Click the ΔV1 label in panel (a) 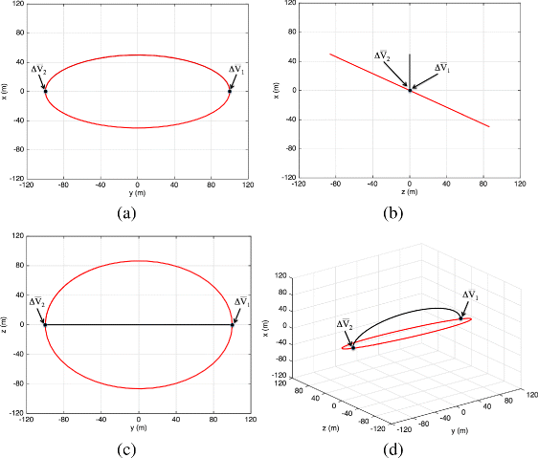(x=237, y=69)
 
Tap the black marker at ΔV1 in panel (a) (x=231, y=91)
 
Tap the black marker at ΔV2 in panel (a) (x=45, y=91)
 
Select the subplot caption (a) (x=126, y=212)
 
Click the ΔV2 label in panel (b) (x=383, y=56)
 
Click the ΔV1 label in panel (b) (x=442, y=68)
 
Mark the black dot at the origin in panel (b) (x=410, y=90)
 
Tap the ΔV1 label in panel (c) (x=241, y=302)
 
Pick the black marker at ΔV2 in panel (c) (x=45, y=325)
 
